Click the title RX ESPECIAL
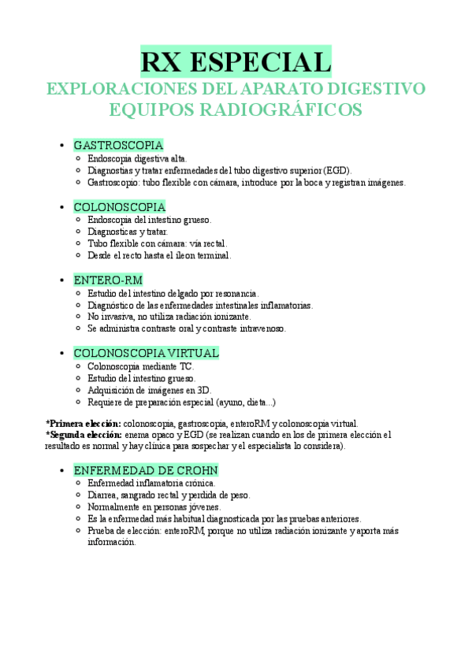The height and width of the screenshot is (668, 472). tap(236, 61)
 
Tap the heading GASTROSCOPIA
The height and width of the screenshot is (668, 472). tap(118, 145)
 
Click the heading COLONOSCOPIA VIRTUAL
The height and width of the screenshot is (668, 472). tap(146, 353)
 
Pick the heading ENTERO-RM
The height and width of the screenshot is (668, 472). tap(108, 280)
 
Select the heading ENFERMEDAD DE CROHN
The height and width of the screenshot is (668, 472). tap(146, 469)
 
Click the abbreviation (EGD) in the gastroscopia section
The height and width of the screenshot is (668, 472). tap(339, 170)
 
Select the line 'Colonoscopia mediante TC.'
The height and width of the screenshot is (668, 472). tap(140, 366)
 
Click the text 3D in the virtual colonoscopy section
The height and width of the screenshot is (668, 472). tap(203, 390)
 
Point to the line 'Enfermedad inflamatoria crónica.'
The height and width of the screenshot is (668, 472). tap(151, 483)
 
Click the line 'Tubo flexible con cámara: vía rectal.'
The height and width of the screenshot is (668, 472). tap(157, 243)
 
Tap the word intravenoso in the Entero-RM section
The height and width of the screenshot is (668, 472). tap(262, 328)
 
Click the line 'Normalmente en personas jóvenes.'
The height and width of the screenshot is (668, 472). tap(154, 507)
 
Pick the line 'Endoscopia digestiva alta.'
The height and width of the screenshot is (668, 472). tap(137, 158)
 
